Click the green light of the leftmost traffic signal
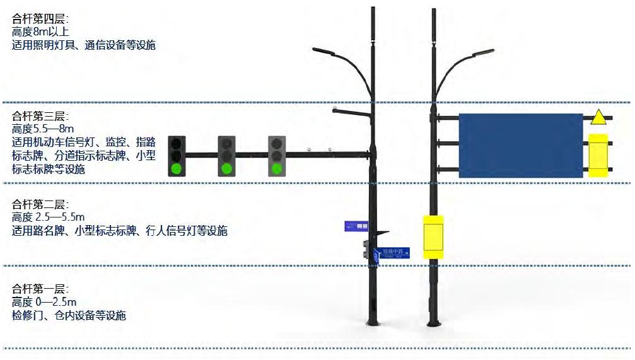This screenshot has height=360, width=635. pyautogui.click(x=177, y=168)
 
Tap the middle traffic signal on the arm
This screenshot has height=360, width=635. pyautogui.click(x=226, y=155)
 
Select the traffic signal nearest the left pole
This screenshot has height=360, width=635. pyautogui.click(x=276, y=155)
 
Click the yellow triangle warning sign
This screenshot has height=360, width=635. pyautogui.click(x=598, y=118)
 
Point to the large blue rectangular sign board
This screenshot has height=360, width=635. pyautogui.click(x=520, y=146)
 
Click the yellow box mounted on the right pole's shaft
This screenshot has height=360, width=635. pyautogui.click(x=433, y=237)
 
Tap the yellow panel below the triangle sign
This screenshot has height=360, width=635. pyautogui.click(x=597, y=156)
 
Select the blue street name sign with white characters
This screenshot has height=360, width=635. pyautogui.click(x=392, y=253)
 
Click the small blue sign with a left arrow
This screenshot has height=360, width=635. pyautogui.click(x=357, y=226)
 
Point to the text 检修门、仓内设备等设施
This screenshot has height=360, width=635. pyautogui.click(x=69, y=315)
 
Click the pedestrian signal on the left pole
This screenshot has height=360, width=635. pyautogui.click(x=366, y=250)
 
